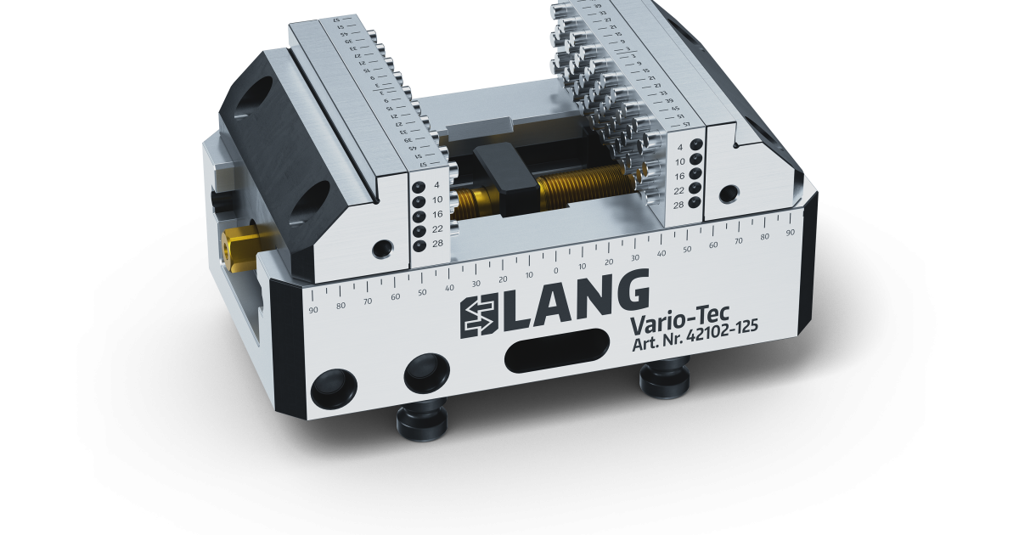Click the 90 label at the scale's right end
point(790,231)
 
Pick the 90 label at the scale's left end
point(314,309)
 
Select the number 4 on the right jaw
point(679,147)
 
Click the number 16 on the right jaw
point(679,175)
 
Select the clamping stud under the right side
point(664,378)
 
